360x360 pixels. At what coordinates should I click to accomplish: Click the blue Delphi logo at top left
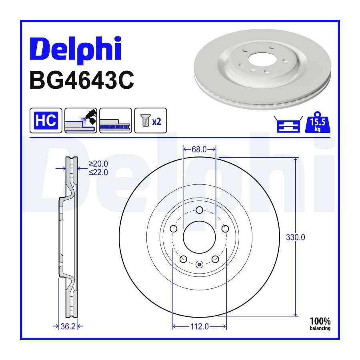(x=76, y=49)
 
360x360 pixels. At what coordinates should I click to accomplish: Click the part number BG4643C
(x=82, y=80)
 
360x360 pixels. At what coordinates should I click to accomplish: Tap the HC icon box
(x=46, y=120)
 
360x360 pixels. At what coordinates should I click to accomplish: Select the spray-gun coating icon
(x=81, y=120)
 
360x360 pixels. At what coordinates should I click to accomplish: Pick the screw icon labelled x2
(x=151, y=120)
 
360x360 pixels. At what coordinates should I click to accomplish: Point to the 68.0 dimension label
(x=199, y=150)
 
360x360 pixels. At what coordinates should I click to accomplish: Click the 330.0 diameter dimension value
(x=296, y=237)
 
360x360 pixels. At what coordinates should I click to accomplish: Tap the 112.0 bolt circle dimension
(x=200, y=326)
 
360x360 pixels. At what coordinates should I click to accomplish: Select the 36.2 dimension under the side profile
(x=68, y=326)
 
